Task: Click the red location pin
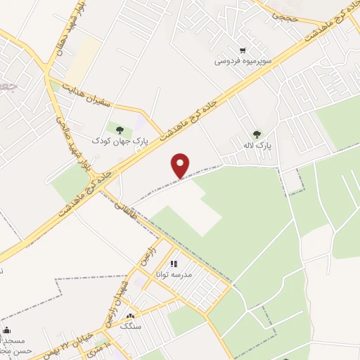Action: pyautogui.click(x=181, y=165)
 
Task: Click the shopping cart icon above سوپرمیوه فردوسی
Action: pyautogui.click(x=243, y=50)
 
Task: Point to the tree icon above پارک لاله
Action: pyautogui.click(x=257, y=134)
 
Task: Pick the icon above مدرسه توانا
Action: pyautogui.click(x=174, y=264)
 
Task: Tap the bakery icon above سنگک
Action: pyautogui.click(x=129, y=316)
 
